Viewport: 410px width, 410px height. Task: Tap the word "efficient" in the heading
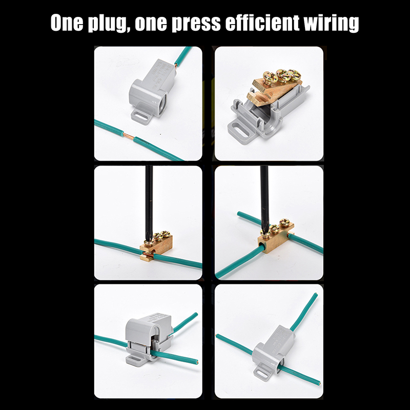click(x=262, y=23)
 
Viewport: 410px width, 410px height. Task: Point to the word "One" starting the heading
click(x=67, y=23)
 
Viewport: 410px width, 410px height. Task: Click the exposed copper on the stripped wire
click(x=129, y=136)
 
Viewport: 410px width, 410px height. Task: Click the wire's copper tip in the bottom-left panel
click(x=197, y=362)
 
